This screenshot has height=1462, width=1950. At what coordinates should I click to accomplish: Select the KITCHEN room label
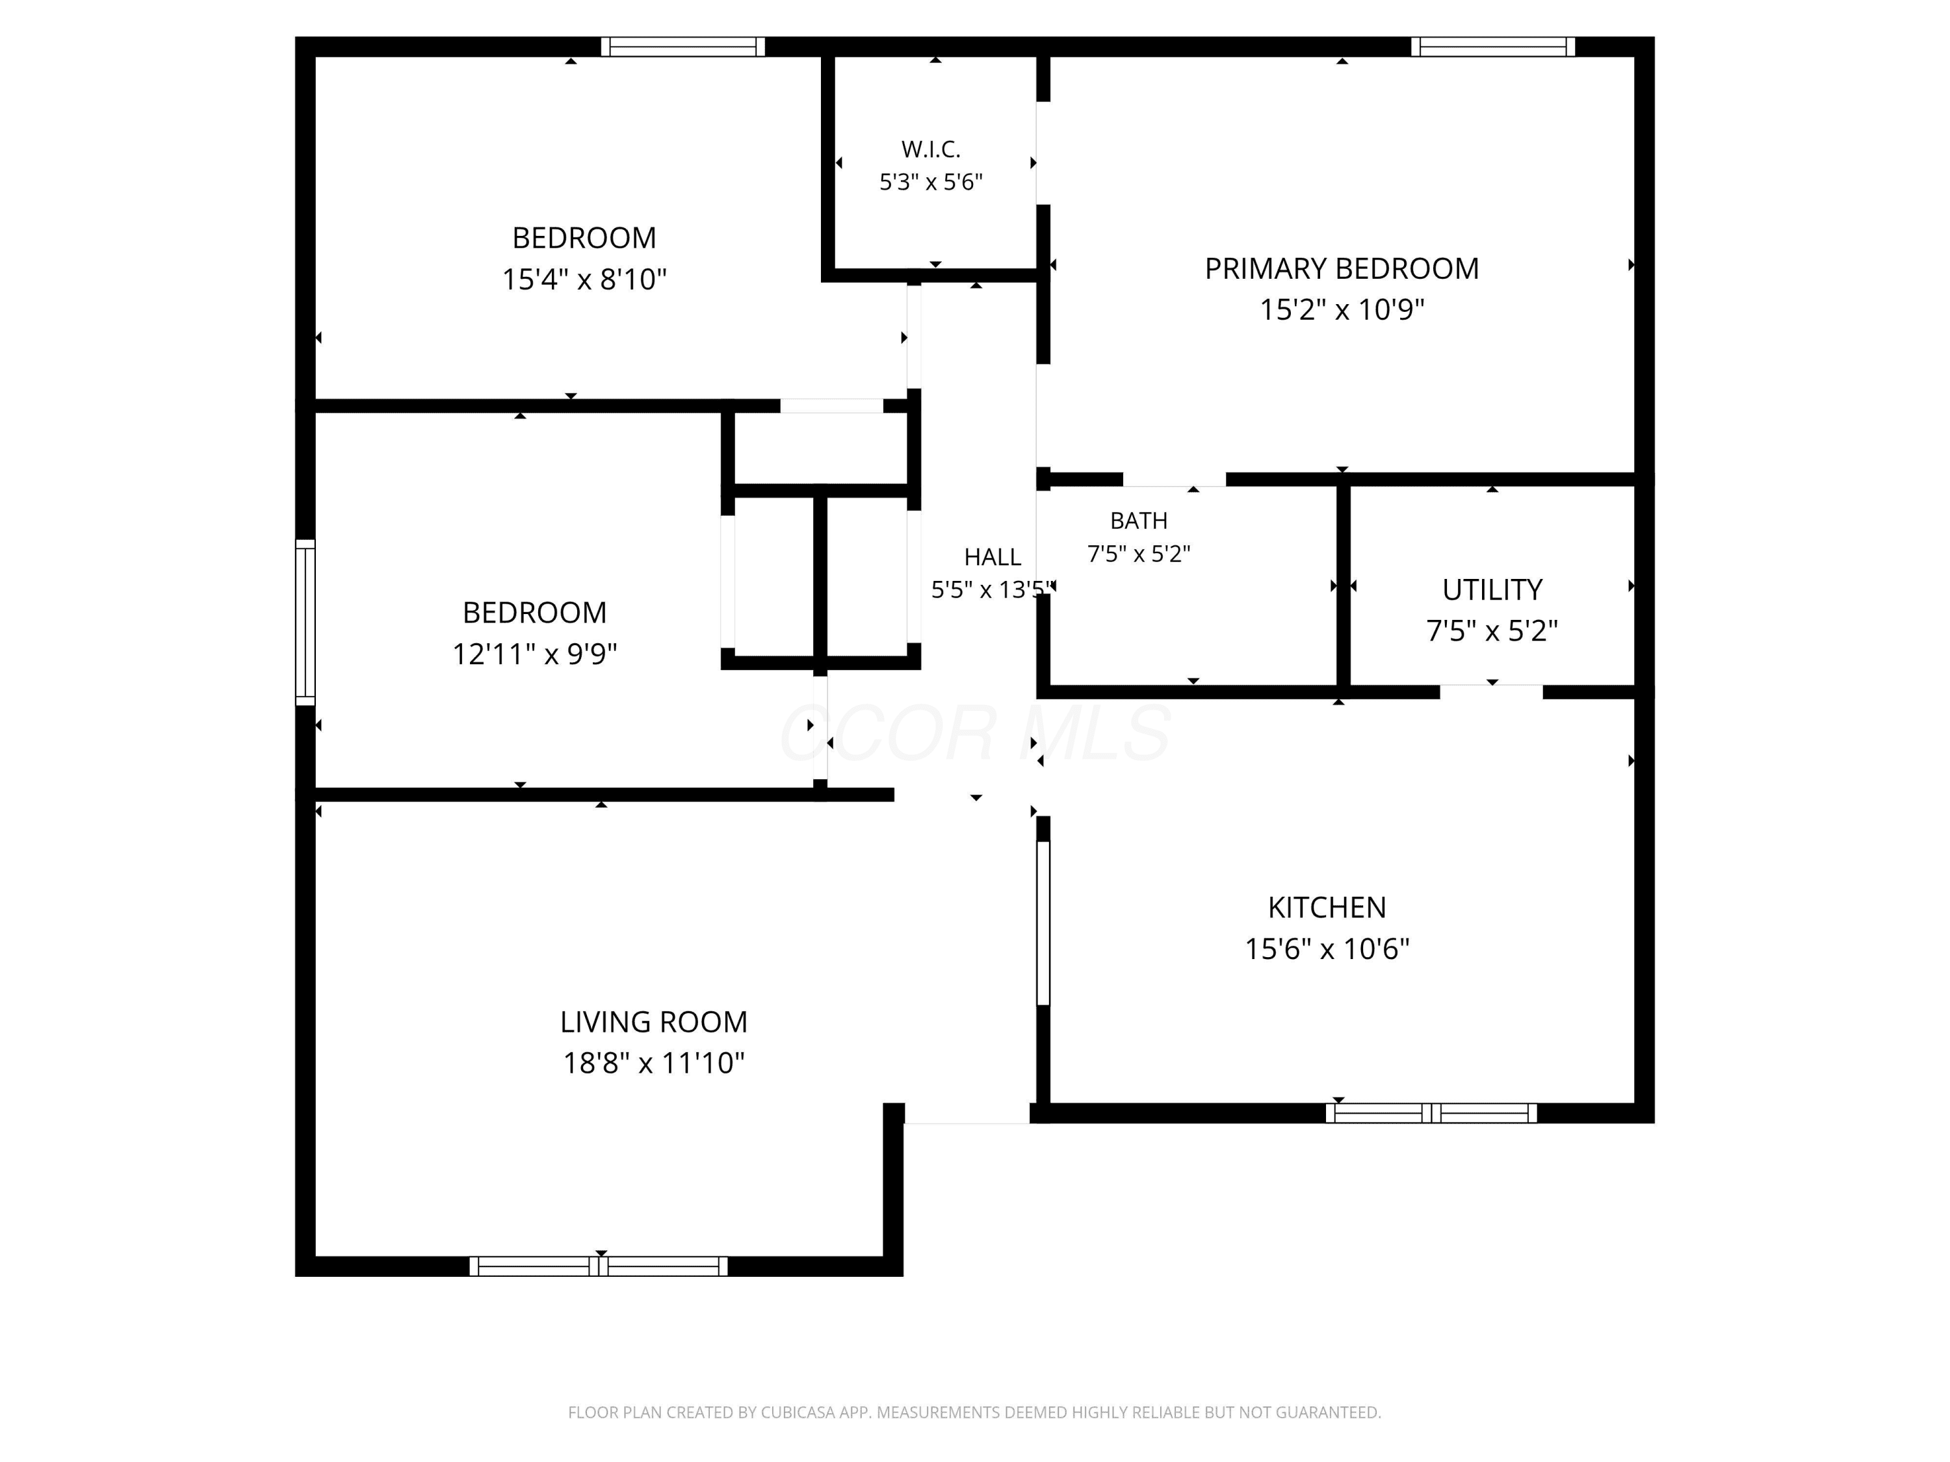(x=1327, y=908)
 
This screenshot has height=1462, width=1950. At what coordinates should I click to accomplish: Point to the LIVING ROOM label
(x=654, y=1022)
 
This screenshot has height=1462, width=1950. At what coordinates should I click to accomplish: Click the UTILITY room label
(x=1492, y=589)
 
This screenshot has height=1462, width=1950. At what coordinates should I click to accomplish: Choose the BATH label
(x=1139, y=521)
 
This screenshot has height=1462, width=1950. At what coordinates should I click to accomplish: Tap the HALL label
(x=993, y=557)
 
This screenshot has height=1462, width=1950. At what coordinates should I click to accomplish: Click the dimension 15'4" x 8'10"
(x=584, y=279)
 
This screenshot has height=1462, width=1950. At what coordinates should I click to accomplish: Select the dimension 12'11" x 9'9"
(x=534, y=654)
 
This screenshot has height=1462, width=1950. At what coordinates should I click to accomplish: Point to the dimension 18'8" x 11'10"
(x=654, y=1063)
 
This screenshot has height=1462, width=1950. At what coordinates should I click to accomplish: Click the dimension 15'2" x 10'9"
(x=1342, y=309)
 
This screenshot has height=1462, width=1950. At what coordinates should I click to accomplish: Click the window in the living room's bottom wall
(x=599, y=1266)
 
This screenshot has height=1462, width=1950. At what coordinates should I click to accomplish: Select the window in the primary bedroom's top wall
(x=1492, y=47)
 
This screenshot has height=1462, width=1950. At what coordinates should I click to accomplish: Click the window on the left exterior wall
(x=305, y=622)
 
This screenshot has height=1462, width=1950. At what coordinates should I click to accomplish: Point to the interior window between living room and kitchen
(x=1043, y=923)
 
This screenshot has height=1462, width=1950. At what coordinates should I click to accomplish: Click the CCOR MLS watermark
(x=975, y=732)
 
